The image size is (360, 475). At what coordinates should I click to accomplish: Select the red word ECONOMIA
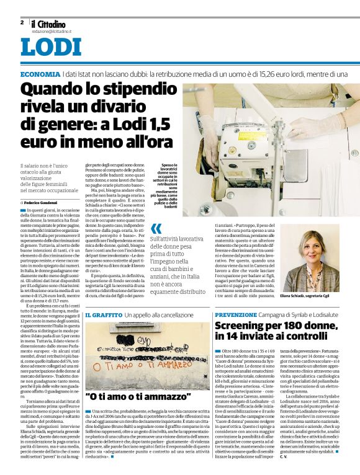coord(40,74)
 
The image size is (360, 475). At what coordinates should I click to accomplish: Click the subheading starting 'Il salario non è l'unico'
coord(47,177)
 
